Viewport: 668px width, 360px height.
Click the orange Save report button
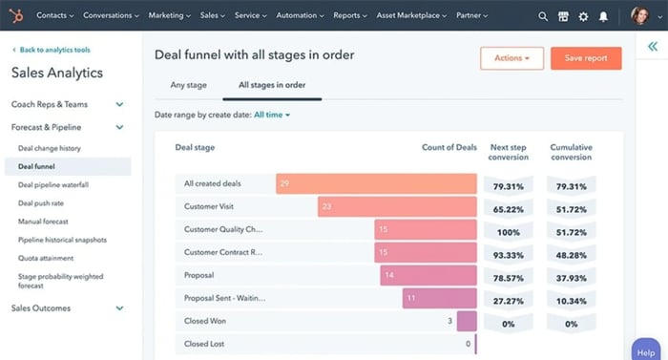tap(586, 58)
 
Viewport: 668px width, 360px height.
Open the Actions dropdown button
tap(511, 58)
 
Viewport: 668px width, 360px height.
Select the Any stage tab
tap(188, 85)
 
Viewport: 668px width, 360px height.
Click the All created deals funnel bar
tap(376, 183)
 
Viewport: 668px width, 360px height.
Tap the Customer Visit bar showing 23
tap(397, 206)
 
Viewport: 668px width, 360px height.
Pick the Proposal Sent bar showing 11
tap(439, 298)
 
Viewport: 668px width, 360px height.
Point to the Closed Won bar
tap(467, 321)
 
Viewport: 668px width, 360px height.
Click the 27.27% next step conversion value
tap(508, 299)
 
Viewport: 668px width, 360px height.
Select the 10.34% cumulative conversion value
tap(571, 299)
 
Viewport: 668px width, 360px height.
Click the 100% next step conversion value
tap(508, 230)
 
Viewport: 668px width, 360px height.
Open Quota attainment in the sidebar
tap(46, 258)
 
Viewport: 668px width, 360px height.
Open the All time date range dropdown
tap(272, 115)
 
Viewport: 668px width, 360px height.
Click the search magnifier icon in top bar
tap(543, 16)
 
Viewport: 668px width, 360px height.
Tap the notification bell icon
tap(603, 16)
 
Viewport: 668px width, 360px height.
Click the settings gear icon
tap(583, 16)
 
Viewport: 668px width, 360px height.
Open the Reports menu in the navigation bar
tap(350, 16)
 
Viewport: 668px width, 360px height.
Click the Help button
tap(647, 350)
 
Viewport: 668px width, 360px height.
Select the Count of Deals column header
tap(449, 148)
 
